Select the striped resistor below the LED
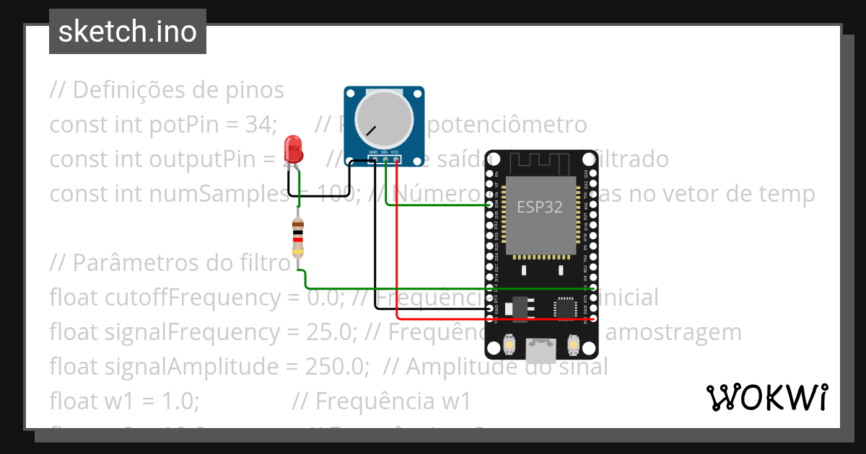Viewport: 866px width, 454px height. (298, 238)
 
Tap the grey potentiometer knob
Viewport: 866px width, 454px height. (384, 119)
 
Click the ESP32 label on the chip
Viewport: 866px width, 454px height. (539, 207)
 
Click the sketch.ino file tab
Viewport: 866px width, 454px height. (128, 32)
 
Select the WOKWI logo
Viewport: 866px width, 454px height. (766, 397)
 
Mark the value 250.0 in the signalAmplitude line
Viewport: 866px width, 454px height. (336, 367)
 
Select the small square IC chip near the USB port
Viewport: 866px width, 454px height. (566, 308)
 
